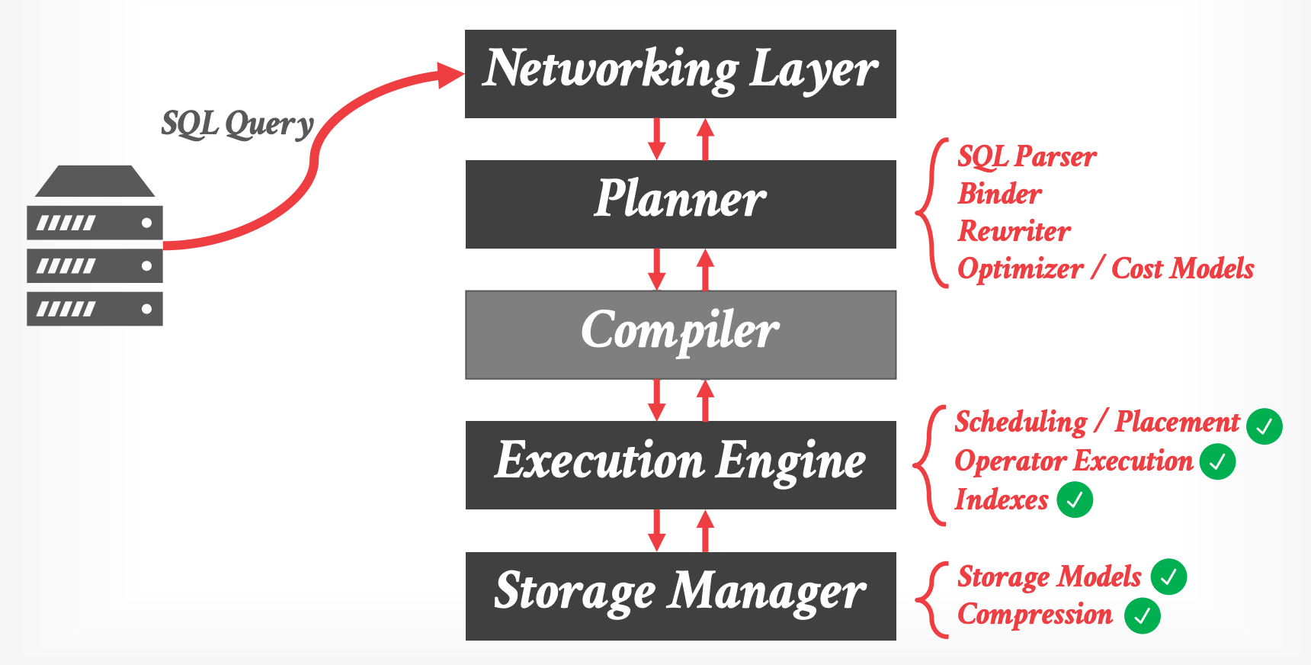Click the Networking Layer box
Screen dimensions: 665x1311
680,73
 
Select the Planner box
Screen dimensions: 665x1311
680,204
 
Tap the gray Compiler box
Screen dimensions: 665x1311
680,334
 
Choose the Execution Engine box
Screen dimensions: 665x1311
680,464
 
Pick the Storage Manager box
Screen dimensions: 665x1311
680,596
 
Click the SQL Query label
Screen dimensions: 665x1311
237,124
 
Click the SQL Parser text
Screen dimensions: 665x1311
1026,157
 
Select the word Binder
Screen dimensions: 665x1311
999,194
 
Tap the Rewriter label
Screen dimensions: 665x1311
1014,231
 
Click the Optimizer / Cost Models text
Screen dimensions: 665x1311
1105,268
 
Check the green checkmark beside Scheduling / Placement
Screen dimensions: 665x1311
1264,426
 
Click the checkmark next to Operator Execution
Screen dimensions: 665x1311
1217,461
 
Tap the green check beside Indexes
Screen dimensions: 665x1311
1075,500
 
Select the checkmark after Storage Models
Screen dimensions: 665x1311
1168,577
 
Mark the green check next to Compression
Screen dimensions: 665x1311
1142,616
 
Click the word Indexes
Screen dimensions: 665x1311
1002,500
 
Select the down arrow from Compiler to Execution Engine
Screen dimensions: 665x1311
656,400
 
